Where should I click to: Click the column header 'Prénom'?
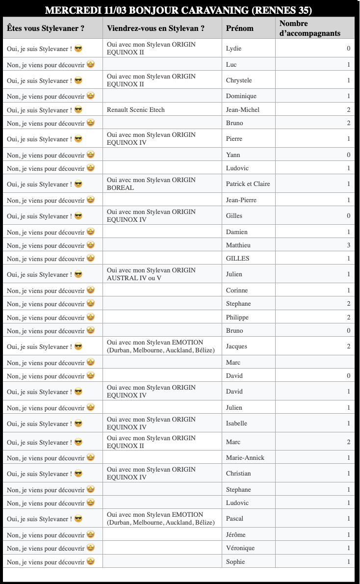(x=239, y=28)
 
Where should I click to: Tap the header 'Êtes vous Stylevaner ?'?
(x=46, y=28)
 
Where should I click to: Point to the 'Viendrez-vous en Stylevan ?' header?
(x=155, y=28)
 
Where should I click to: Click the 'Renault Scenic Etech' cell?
(x=136, y=109)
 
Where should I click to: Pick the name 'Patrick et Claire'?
(x=248, y=184)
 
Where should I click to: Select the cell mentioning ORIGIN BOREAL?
(x=151, y=184)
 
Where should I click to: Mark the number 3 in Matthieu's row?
(x=348, y=245)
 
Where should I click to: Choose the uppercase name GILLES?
(x=237, y=259)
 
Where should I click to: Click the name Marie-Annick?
(x=245, y=458)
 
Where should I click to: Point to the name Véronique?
(x=240, y=548)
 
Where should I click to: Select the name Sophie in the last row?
(x=235, y=561)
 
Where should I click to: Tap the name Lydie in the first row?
(x=233, y=48)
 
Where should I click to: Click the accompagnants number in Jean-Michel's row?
(x=348, y=109)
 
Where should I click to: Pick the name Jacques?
(x=236, y=346)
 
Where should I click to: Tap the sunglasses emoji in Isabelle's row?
(x=78, y=424)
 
